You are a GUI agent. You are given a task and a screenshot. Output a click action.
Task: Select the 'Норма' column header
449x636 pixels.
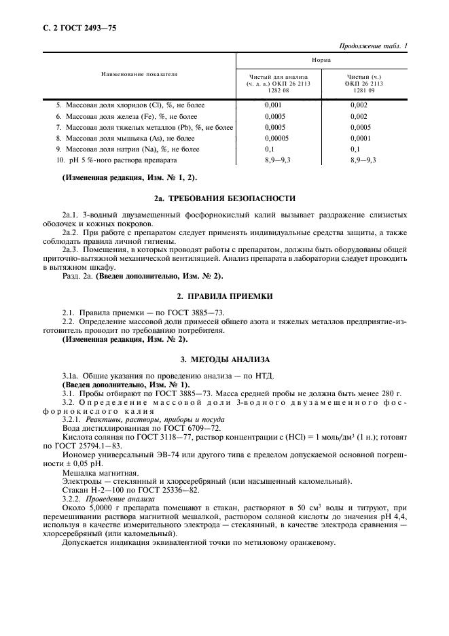[321, 60]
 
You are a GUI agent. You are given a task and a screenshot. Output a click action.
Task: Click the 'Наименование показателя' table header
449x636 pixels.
[139, 74]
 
